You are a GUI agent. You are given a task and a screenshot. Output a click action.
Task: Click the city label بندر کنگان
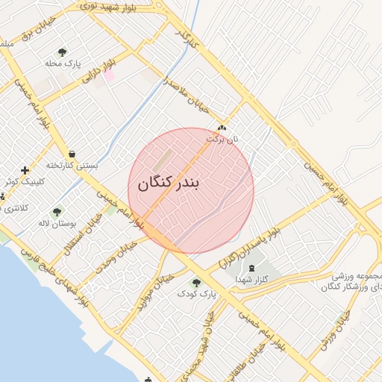tap(169, 184)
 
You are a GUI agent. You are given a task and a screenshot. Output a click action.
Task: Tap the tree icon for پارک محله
tap(62, 52)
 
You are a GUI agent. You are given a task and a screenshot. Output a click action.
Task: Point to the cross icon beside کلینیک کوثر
tap(25, 170)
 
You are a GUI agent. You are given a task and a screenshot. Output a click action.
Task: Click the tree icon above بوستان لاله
tap(57, 212)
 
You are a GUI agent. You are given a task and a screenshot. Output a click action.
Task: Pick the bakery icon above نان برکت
tap(222, 128)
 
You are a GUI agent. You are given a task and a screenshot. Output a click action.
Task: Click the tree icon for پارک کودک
tap(196, 282)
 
